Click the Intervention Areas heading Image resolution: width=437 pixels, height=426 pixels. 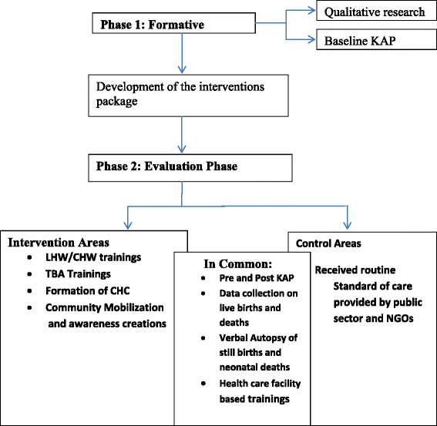coord(59,242)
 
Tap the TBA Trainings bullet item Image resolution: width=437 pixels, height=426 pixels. coord(77,273)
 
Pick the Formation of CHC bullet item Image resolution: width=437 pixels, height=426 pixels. coord(84,291)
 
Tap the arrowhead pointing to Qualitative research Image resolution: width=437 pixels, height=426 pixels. coord(311,10)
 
